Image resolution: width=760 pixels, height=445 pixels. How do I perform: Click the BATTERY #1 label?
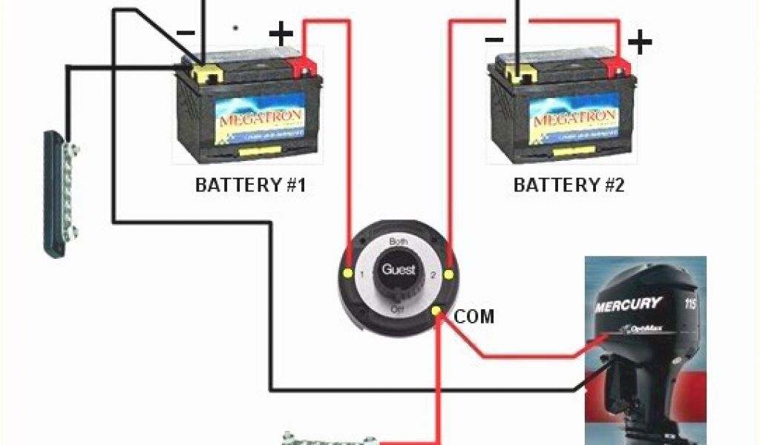click(250, 185)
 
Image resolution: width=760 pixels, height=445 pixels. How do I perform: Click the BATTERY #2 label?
click(569, 185)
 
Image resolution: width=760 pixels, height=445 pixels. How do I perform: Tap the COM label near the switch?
click(474, 317)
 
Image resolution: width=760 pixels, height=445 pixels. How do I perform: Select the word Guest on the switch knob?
click(399, 270)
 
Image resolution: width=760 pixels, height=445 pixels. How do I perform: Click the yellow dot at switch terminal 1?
click(347, 274)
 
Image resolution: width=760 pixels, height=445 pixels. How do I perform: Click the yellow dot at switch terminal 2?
click(448, 275)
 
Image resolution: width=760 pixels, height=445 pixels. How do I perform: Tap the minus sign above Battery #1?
click(185, 33)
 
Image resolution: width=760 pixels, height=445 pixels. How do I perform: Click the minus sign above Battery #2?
click(495, 39)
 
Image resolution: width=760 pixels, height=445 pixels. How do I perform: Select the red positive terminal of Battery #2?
click(615, 67)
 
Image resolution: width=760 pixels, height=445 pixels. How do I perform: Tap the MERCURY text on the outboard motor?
click(627, 304)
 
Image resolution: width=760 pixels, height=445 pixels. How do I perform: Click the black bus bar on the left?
click(59, 194)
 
